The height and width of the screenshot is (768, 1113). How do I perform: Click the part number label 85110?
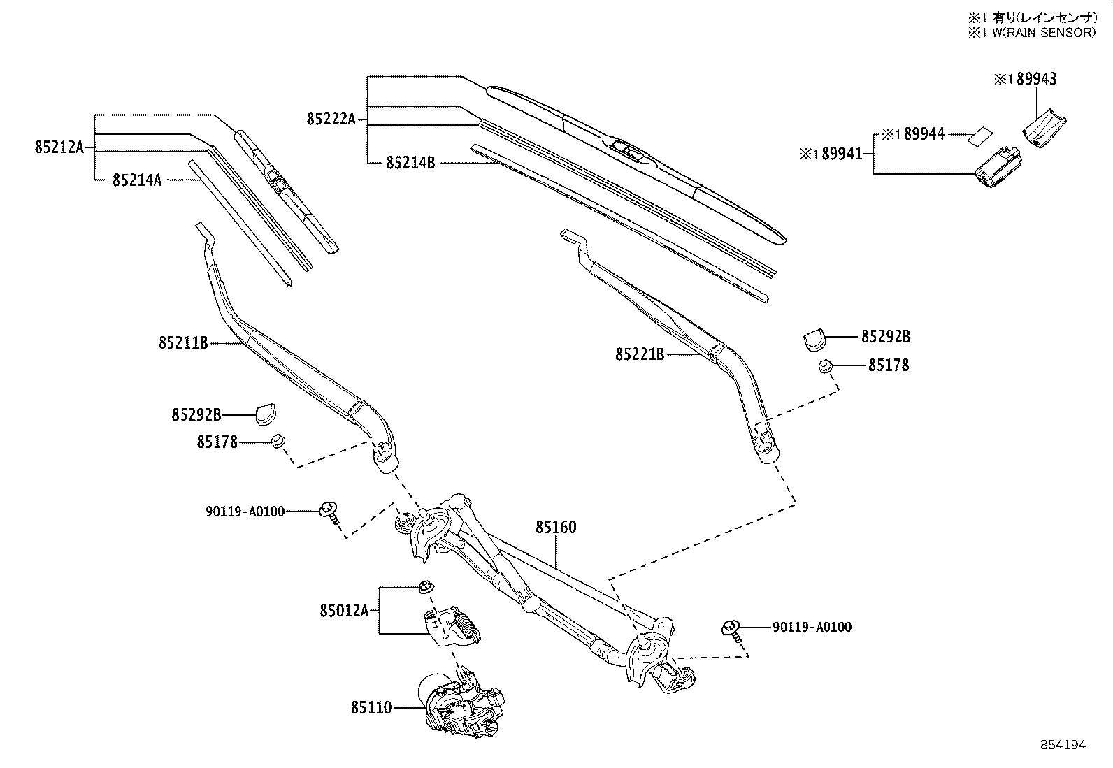[x=371, y=708]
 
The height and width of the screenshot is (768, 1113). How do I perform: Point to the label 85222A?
[x=331, y=119]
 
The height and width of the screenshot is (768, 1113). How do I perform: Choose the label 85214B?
[x=410, y=163]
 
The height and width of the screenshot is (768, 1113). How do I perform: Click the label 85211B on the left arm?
[x=183, y=343]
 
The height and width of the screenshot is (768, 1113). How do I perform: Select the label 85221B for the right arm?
[x=639, y=354]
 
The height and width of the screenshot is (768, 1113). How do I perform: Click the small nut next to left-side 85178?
[x=278, y=441]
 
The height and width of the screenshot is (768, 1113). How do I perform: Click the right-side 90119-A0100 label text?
[x=812, y=628]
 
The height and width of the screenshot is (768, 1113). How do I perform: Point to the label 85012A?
[x=344, y=611]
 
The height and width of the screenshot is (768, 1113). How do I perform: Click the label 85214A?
[x=137, y=180]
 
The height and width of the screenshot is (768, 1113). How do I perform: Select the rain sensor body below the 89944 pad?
[x=996, y=168]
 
